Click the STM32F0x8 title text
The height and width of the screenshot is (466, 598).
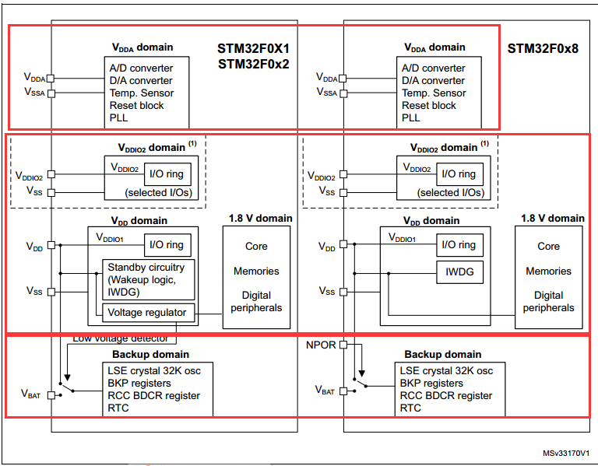coord(542,47)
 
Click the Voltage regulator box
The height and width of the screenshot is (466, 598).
coord(147,313)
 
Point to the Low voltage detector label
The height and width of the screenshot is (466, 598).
coord(120,338)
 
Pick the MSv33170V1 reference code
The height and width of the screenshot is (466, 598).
coord(566,453)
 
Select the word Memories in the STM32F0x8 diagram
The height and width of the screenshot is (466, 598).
coord(548,272)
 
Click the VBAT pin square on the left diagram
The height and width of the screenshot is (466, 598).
coord(51,395)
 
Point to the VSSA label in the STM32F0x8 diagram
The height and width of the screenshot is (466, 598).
coord(327,92)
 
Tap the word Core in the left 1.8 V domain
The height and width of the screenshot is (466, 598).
coord(256,247)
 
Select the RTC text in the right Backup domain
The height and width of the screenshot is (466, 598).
coord(410,408)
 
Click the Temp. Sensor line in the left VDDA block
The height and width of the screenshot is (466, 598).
coord(141,93)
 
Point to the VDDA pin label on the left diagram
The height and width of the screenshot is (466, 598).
coord(34,78)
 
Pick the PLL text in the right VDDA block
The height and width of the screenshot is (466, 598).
coord(411,117)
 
